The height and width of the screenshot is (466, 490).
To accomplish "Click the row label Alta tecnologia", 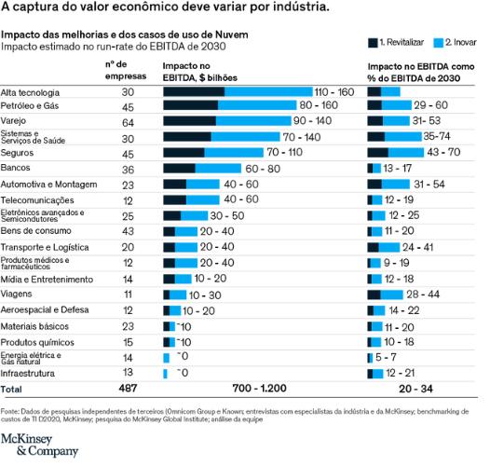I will point(31,92).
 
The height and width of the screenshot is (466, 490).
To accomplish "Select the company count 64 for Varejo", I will point(128,121).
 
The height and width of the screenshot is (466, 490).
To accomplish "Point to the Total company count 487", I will point(128,387).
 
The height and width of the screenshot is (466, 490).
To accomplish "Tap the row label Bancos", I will point(16,169).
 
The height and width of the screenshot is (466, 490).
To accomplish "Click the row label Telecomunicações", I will point(38,200).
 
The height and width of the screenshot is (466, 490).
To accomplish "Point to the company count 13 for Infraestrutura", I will point(128,372).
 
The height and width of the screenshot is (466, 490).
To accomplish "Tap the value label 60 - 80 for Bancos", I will point(262,169).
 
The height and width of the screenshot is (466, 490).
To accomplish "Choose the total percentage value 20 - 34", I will point(415,387).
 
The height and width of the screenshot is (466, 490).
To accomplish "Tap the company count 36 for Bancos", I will point(128,169).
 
